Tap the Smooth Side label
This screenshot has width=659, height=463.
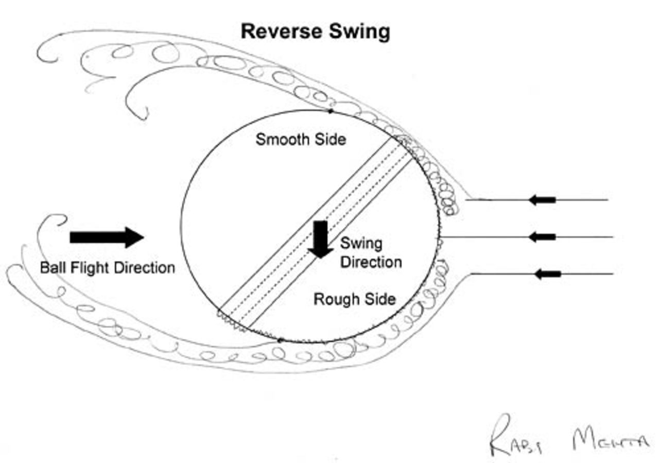pos(301,139)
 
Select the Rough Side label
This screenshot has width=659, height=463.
pos(355,299)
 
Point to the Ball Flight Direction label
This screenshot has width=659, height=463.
pos(107,268)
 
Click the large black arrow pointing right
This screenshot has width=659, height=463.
pos(107,237)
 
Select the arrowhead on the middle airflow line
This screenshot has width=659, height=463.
pos(542,237)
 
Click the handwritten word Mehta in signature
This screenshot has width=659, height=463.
pos(610,442)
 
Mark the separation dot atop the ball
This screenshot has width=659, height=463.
pos(330,110)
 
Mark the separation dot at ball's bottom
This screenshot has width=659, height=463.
pos(280,340)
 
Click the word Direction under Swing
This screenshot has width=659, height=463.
pos(371,262)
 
